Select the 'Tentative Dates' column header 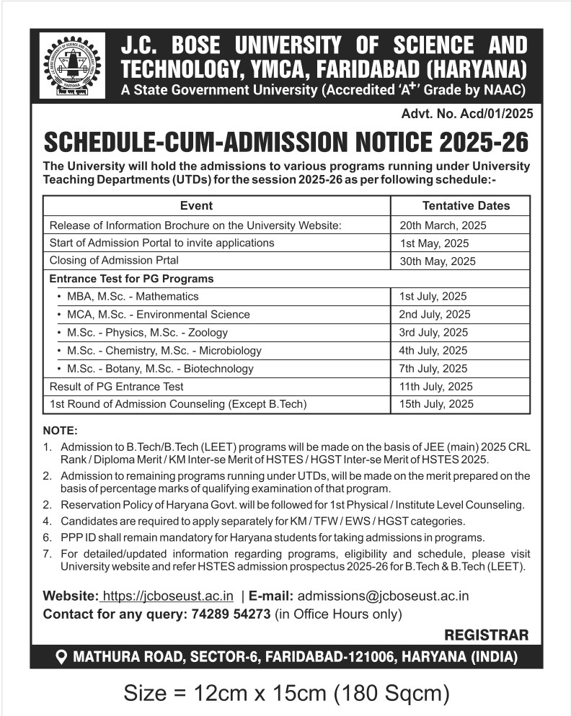466,205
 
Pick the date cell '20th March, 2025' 443,225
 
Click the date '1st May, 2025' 434,243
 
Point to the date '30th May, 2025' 437,261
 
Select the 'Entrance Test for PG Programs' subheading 131,278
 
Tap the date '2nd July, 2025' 434,314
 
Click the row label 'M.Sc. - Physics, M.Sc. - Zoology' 147,332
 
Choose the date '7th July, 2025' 433,368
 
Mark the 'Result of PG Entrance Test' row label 116,386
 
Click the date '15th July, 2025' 436,404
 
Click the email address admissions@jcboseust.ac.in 383,596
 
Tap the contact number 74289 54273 231,614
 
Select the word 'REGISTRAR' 487,635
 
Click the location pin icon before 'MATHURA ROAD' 61,658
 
